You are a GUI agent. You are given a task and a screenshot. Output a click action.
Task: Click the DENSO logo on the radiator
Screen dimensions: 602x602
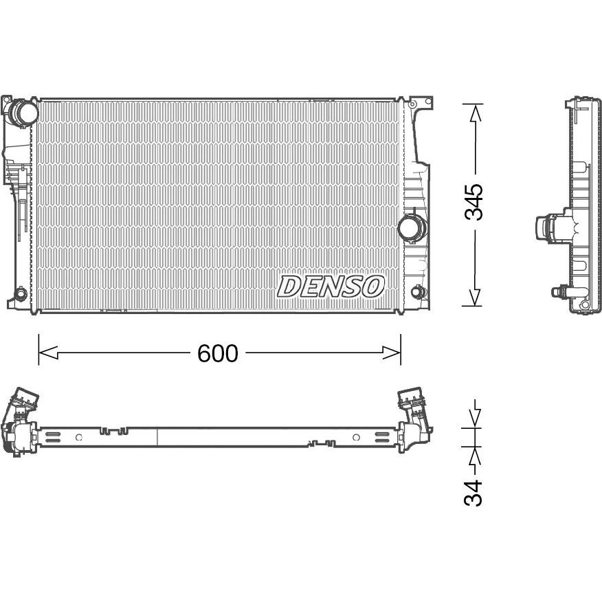[331, 287]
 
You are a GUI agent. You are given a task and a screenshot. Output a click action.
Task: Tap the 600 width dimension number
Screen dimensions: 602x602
[218, 353]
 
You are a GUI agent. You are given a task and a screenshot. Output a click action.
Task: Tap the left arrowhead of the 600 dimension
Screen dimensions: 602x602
[48, 353]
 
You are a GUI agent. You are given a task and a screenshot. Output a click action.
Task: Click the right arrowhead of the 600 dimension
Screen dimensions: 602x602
[391, 353]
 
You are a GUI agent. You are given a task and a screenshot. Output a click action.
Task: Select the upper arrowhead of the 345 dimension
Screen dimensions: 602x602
[476, 113]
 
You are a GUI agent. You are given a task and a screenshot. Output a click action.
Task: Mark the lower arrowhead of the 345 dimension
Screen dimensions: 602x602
[475, 297]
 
